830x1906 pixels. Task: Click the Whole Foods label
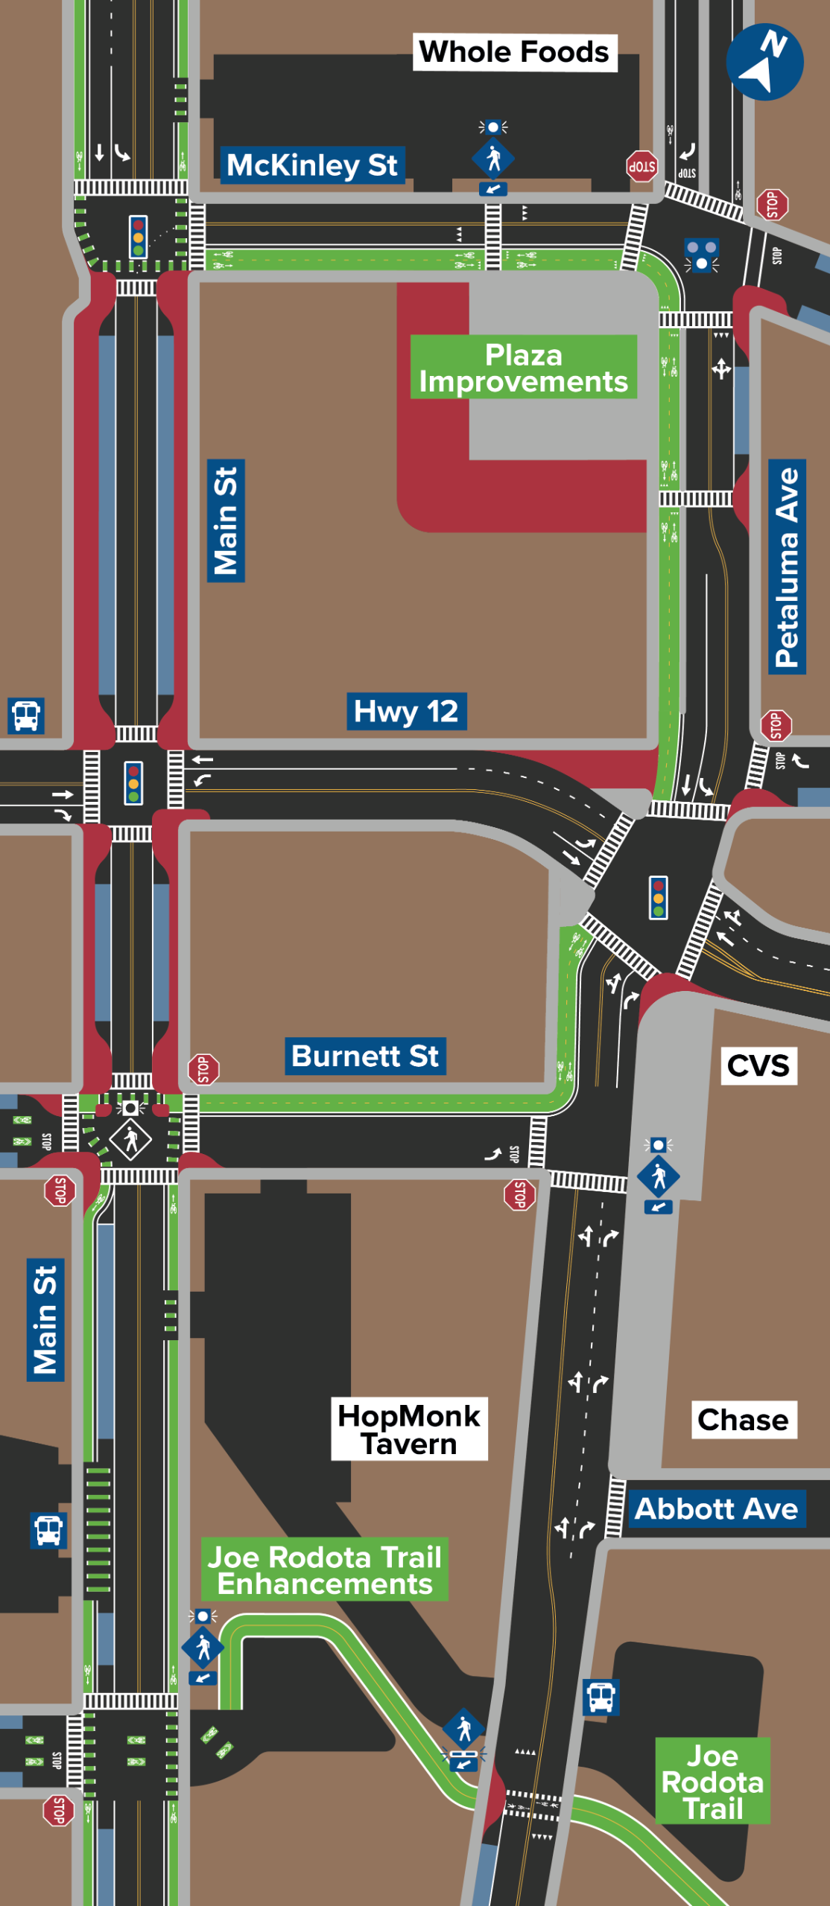coord(514,52)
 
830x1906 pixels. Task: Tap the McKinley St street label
coord(312,165)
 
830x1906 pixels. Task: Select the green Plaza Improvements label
coord(523,368)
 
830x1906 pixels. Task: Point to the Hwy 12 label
coord(406,711)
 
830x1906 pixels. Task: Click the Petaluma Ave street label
coord(787,567)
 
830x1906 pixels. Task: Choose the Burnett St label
coord(365,1056)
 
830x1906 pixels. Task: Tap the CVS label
coord(758,1065)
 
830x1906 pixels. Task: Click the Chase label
coord(743,1420)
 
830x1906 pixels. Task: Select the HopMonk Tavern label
coord(409,1429)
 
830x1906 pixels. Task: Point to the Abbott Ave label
coord(716,1508)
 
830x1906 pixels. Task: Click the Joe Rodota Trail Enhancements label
coord(325,1569)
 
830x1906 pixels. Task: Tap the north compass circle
coord(764,62)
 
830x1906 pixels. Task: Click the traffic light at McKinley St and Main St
coord(138,237)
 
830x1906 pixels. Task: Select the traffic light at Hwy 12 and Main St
coord(133,783)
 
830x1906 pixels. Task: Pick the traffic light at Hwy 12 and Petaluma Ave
coord(658,897)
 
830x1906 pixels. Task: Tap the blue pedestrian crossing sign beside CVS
coord(659,1176)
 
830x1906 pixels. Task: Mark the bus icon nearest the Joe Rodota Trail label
coord(601,1697)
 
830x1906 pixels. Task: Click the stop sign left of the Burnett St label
coord(203,1069)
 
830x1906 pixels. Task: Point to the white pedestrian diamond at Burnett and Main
coord(131,1139)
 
